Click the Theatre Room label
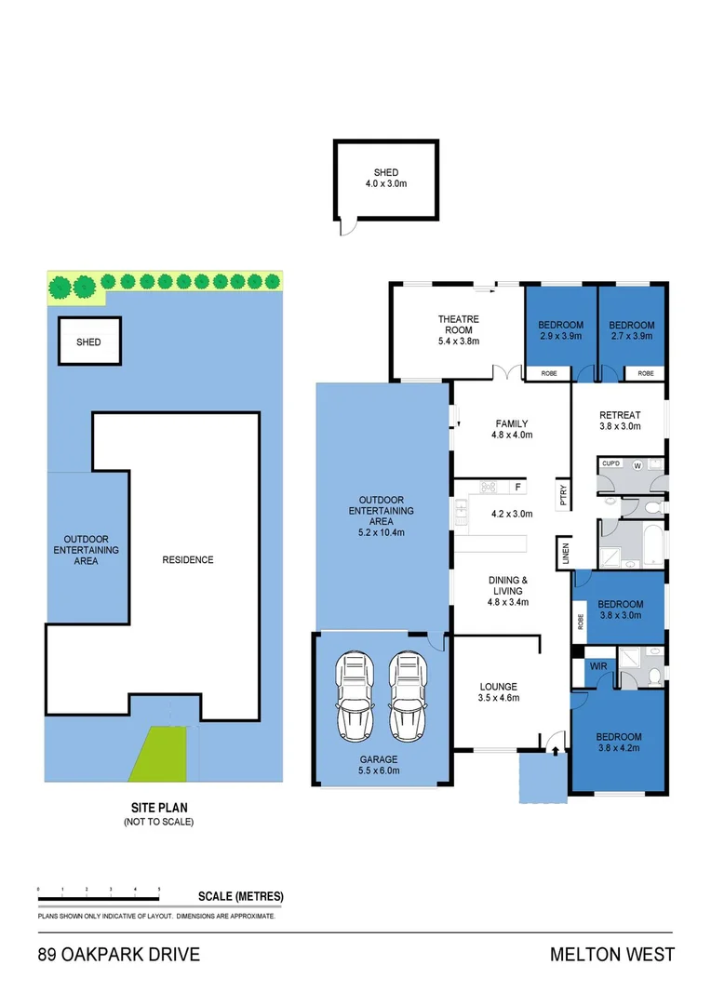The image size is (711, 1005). (457, 330)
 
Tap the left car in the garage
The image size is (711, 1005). (355, 694)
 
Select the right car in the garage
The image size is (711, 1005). (406, 694)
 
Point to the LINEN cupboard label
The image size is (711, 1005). (564, 552)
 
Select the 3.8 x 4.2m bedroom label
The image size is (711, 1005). (619, 742)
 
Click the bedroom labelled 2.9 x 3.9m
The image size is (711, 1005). (560, 330)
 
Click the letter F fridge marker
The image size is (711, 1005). (518, 487)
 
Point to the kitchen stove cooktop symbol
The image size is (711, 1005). (488, 487)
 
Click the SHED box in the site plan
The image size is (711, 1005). (88, 342)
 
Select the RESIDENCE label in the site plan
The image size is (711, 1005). (188, 559)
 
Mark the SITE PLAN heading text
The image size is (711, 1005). (158, 809)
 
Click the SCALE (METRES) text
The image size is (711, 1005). (241, 897)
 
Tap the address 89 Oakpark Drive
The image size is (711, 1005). (118, 955)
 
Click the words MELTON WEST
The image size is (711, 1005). (611, 955)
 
